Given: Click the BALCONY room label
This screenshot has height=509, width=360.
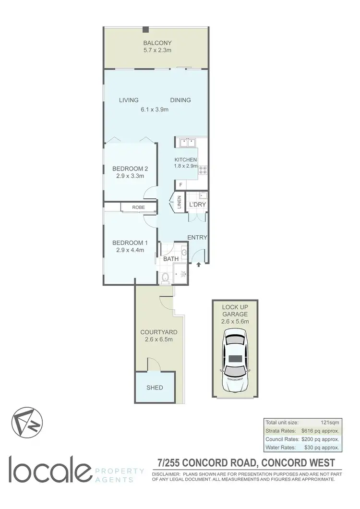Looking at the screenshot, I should [154, 43].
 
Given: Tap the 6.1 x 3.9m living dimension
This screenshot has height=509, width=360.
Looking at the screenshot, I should [155, 109].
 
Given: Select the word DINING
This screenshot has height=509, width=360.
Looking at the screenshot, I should [180, 100].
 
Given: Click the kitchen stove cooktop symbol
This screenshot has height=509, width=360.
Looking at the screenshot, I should [203, 170].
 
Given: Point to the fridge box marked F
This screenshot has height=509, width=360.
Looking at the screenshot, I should [181, 184].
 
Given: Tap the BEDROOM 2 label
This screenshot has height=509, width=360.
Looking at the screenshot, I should [130, 169].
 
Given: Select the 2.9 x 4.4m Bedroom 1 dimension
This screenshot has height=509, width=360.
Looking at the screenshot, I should [130, 250].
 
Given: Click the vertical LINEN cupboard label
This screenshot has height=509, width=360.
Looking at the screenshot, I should [179, 202].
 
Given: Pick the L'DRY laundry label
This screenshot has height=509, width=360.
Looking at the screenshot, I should [197, 205].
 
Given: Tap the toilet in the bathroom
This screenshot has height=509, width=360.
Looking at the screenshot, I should [165, 277].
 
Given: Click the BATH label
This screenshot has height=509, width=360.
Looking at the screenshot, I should [171, 259].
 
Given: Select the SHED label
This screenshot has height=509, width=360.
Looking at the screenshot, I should [155, 388].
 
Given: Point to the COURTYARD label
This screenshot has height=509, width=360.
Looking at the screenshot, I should [159, 332].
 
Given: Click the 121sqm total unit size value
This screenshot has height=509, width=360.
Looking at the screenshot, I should [330, 422].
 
